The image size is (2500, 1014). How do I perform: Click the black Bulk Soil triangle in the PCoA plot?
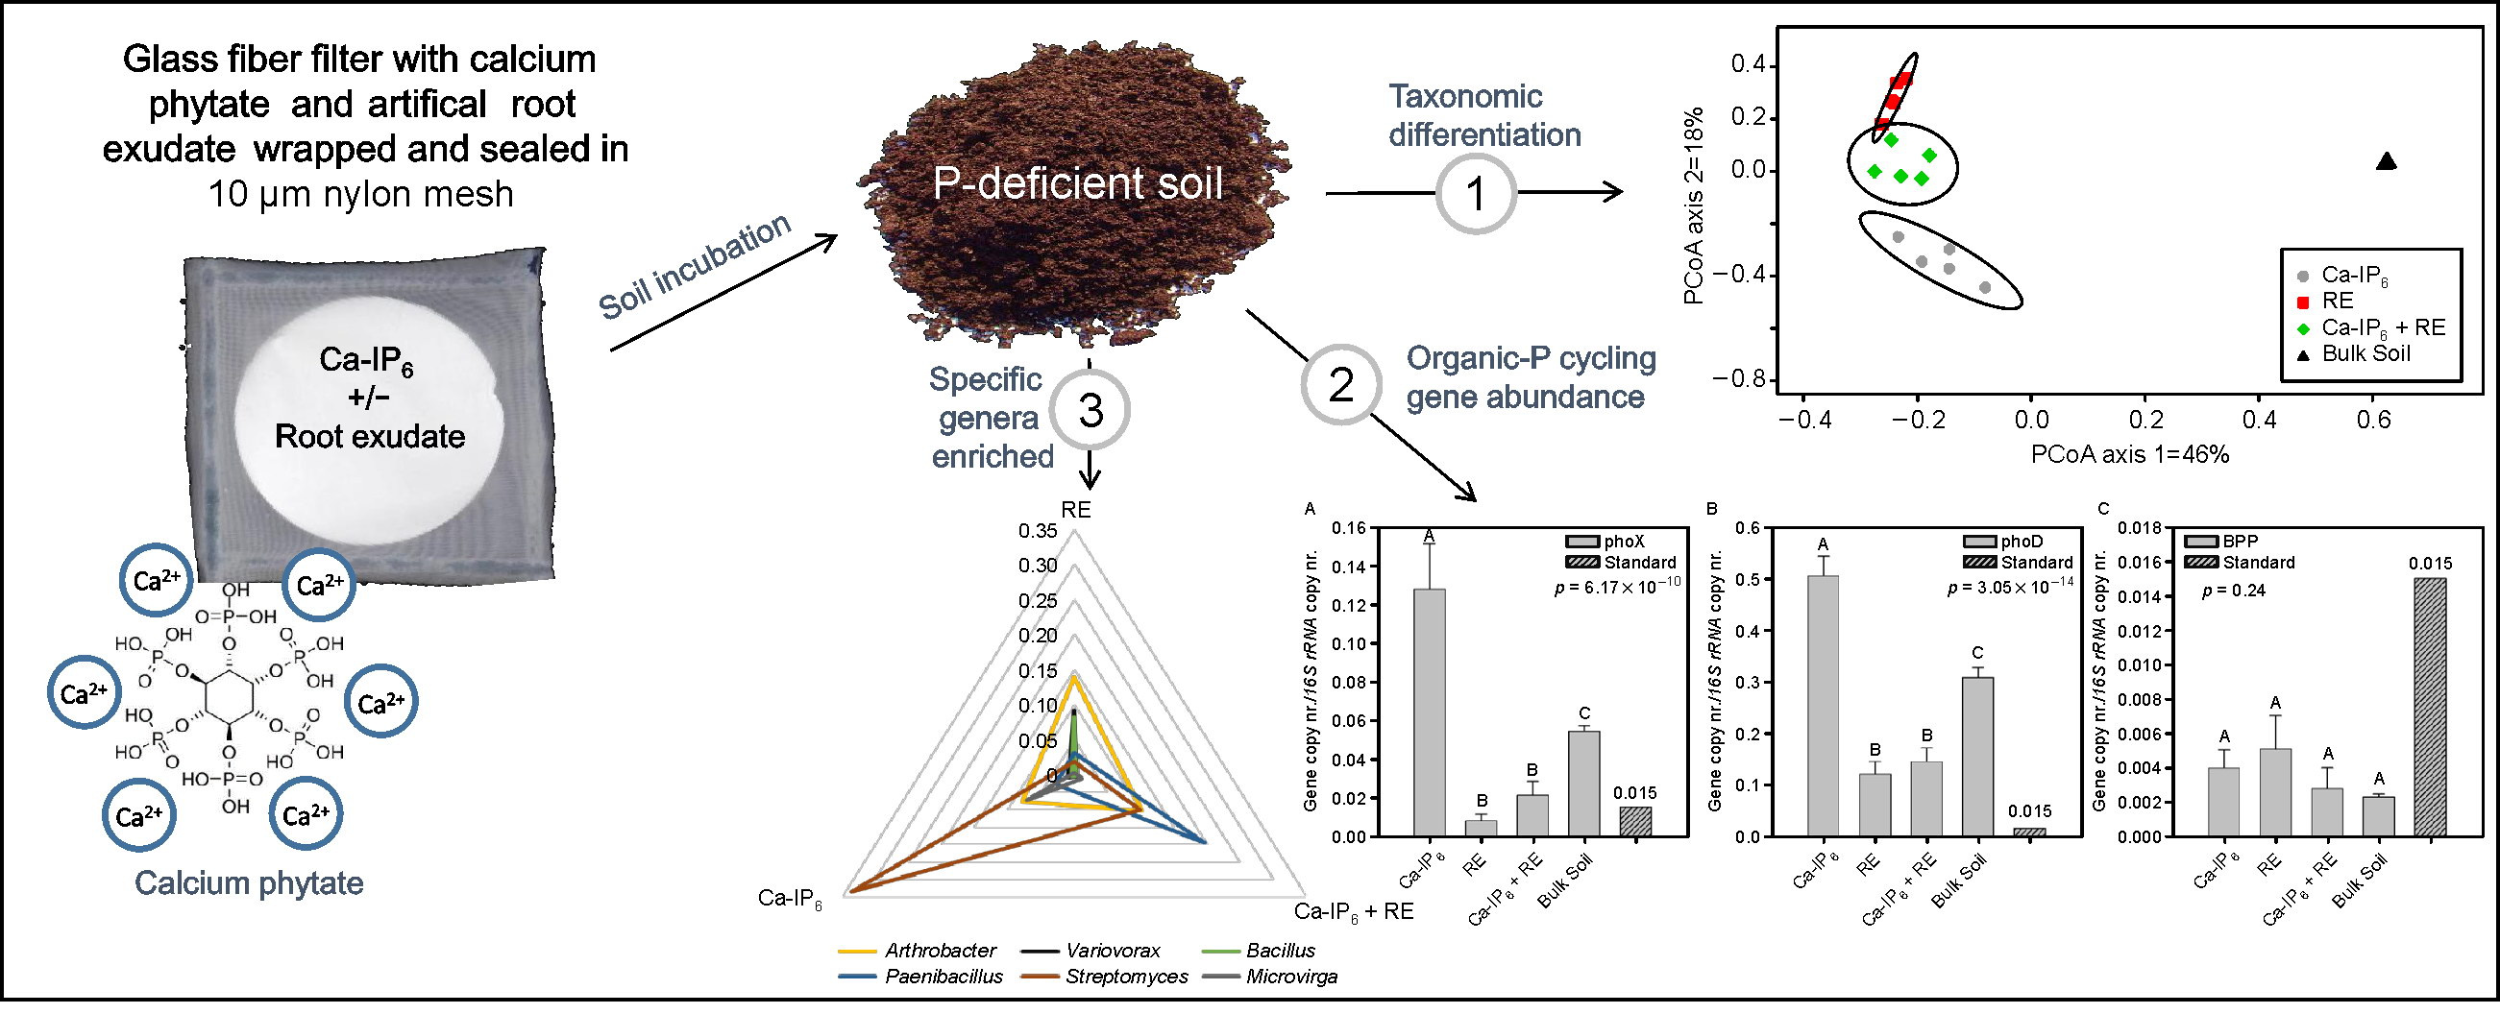click(x=2387, y=161)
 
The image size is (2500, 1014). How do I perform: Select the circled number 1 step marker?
click(x=1475, y=193)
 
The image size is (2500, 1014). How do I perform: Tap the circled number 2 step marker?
click(x=1340, y=385)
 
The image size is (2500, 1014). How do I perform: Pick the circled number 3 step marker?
click(x=1090, y=409)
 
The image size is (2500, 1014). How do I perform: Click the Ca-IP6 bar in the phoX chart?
click(x=1429, y=712)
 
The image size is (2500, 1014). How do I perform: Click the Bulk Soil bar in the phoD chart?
click(x=1977, y=757)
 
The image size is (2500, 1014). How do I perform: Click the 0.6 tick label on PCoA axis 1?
click(x=2373, y=420)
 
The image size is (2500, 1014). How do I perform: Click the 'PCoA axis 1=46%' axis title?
click(x=2130, y=454)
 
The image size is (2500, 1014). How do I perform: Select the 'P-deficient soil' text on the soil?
click(x=1077, y=183)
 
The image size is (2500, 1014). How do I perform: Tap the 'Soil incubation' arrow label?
click(x=695, y=266)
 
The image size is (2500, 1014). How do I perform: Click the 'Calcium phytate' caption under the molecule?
click(x=250, y=883)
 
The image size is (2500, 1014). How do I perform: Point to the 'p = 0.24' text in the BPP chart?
click(x=2234, y=590)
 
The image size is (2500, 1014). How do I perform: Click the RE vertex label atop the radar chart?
click(x=1075, y=510)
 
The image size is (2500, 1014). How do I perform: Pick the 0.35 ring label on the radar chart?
click(x=1038, y=531)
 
